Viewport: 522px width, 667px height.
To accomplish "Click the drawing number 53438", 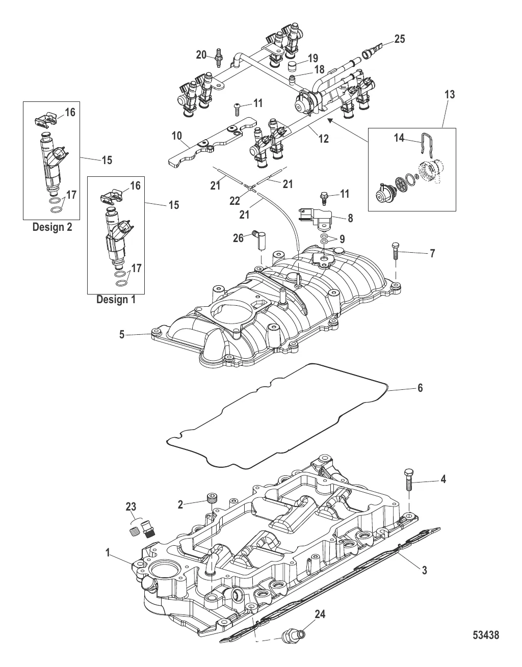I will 485,635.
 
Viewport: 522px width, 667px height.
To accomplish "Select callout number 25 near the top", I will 400,39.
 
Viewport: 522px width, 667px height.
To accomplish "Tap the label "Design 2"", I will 52,227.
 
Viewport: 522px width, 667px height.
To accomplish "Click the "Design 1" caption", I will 116,300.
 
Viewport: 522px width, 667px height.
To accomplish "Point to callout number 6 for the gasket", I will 420,388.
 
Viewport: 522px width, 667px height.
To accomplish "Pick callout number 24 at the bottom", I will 319,615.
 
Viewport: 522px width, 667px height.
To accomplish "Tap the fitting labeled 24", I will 293,634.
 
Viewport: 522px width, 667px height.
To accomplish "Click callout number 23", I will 131,506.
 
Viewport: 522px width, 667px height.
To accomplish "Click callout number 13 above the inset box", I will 449,94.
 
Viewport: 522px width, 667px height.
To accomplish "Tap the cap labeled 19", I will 293,67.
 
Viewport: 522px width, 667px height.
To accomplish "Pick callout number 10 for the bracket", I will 177,136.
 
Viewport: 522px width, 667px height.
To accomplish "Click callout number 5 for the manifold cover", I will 122,335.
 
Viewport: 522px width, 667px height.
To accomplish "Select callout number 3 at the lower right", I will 424,570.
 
